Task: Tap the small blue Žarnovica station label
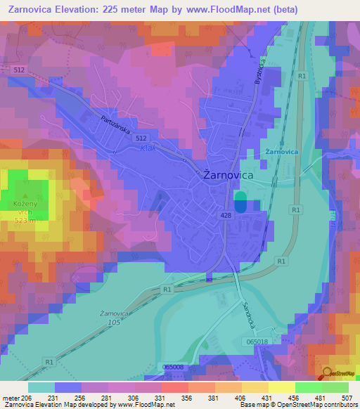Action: click(x=283, y=152)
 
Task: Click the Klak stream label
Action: click(x=147, y=148)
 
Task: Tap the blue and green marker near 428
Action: click(x=240, y=202)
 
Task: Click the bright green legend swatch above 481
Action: click(x=308, y=387)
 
